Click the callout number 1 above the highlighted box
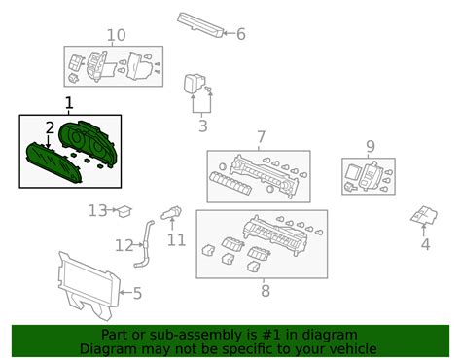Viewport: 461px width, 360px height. click(69, 103)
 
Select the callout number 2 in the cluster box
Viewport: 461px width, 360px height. click(50, 128)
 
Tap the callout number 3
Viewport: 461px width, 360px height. click(203, 126)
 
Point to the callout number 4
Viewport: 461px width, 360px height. click(425, 244)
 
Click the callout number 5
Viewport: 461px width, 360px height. click(137, 293)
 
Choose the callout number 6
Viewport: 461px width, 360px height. click(241, 34)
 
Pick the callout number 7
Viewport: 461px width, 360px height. click(262, 137)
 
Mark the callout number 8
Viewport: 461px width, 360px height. click(266, 291)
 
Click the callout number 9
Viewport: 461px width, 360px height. click(371, 146)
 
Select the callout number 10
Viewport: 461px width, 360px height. click(116, 35)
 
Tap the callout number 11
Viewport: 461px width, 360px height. click(176, 240)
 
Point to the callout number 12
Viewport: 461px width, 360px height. click(124, 245)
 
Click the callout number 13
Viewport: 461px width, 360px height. click(98, 210)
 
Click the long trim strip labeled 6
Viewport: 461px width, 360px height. click(200, 25)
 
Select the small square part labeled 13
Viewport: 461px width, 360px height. click(124, 211)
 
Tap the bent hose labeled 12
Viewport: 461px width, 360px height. click(145, 244)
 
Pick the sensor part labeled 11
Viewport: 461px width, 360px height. click(171, 213)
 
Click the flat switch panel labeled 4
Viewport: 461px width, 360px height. click(424, 215)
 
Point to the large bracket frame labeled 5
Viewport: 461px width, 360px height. click(89, 285)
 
